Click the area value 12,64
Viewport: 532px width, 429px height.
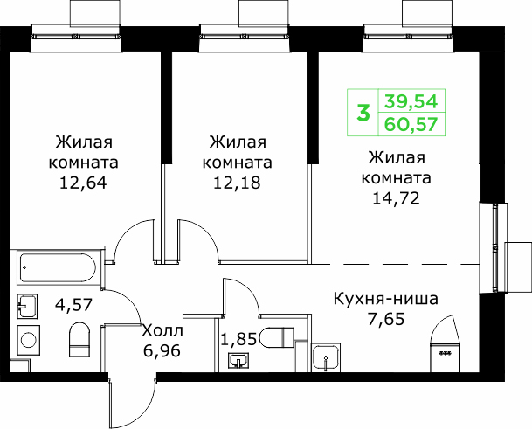83,183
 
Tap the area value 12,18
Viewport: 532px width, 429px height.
237,183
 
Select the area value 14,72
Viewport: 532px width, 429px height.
396,198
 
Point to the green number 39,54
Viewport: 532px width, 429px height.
411,101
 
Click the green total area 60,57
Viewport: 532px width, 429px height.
411,124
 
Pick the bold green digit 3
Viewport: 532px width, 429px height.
363,113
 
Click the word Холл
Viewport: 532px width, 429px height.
162,330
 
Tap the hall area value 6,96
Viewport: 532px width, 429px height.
162,350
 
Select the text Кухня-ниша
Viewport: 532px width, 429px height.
386,299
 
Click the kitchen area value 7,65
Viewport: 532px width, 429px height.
386,320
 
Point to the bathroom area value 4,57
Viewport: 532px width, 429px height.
73,304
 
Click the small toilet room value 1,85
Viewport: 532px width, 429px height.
238,339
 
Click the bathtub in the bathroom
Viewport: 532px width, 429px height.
58,268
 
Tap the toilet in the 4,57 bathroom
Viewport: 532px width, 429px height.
79,340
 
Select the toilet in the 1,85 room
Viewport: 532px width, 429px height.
277,337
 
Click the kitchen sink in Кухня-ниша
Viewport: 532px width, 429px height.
326,357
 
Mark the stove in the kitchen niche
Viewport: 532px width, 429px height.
445,358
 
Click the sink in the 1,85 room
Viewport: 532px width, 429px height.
238,361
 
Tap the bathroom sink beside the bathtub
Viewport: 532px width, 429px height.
27,306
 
